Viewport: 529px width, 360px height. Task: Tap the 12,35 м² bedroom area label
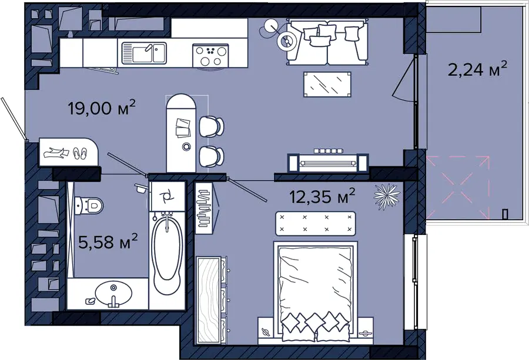(323, 196)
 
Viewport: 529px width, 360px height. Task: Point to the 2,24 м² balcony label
(477, 69)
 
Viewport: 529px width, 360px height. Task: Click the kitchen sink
(144, 53)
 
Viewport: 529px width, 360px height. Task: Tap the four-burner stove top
(210, 56)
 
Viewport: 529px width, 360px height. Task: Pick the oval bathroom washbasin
(113, 292)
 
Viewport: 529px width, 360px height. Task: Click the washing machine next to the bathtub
(167, 196)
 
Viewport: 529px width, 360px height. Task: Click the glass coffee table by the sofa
(327, 84)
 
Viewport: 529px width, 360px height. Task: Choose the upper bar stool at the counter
(211, 126)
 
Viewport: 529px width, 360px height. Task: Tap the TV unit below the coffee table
(328, 162)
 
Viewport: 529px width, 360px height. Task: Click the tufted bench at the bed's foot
(316, 224)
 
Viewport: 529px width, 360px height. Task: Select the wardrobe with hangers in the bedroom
(204, 208)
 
